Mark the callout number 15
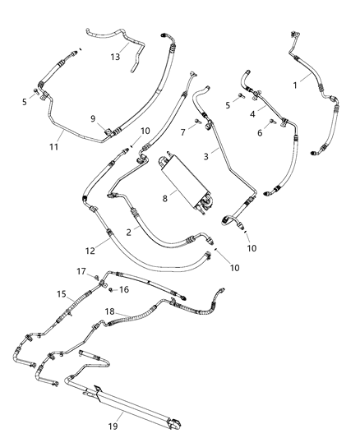coord(62,293)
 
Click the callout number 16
coord(125,289)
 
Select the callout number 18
coord(110,312)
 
